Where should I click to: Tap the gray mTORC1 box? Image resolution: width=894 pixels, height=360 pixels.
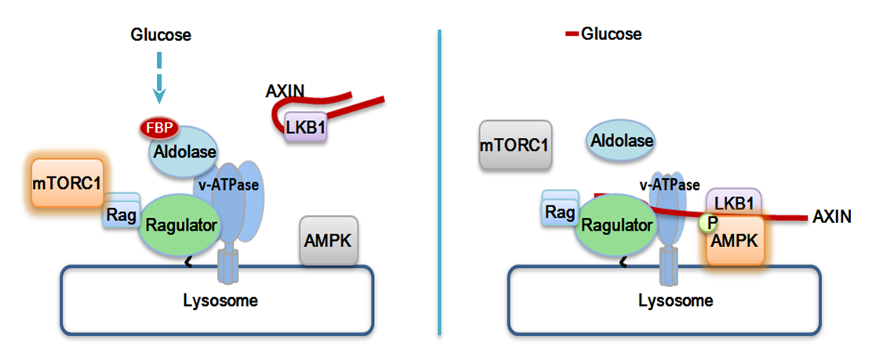(516, 145)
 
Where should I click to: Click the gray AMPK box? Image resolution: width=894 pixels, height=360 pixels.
(329, 241)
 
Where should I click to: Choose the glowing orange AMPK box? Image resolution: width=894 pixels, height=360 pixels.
(734, 240)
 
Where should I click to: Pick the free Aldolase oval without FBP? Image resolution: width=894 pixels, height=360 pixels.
(622, 140)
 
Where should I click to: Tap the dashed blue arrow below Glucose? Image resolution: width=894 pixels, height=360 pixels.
(160, 77)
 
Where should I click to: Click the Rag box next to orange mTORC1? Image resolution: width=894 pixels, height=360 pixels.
(122, 213)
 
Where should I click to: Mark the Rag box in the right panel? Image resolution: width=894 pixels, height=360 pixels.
(560, 212)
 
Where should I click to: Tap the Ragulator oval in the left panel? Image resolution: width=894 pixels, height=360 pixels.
(180, 226)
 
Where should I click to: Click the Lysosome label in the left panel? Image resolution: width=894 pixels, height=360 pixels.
(220, 300)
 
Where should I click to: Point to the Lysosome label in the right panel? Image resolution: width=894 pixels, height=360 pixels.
(675, 300)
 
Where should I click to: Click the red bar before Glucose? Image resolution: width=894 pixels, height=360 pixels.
(572, 35)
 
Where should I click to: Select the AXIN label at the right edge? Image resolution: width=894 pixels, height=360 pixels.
(833, 216)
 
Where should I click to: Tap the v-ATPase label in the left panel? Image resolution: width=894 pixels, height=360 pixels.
(227, 185)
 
